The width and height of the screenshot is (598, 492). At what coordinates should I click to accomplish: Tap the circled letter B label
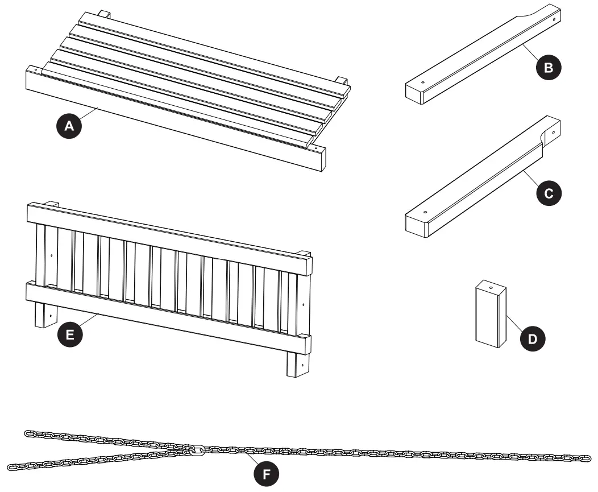pos(548,68)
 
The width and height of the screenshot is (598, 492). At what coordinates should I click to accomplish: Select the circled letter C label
pos(548,193)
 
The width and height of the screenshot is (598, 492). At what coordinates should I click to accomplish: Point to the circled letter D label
pos(532,339)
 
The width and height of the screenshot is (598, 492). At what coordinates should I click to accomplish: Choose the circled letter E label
pos(69,335)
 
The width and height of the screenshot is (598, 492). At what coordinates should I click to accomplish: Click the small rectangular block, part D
pos(490,316)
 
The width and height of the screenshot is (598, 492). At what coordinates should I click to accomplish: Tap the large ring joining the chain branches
pos(197,450)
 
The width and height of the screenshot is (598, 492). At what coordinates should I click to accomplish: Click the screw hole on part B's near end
pos(423,82)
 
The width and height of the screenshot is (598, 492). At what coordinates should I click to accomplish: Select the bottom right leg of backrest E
pos(298,364)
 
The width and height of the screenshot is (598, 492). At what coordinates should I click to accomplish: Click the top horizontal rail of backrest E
pos(171,233)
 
